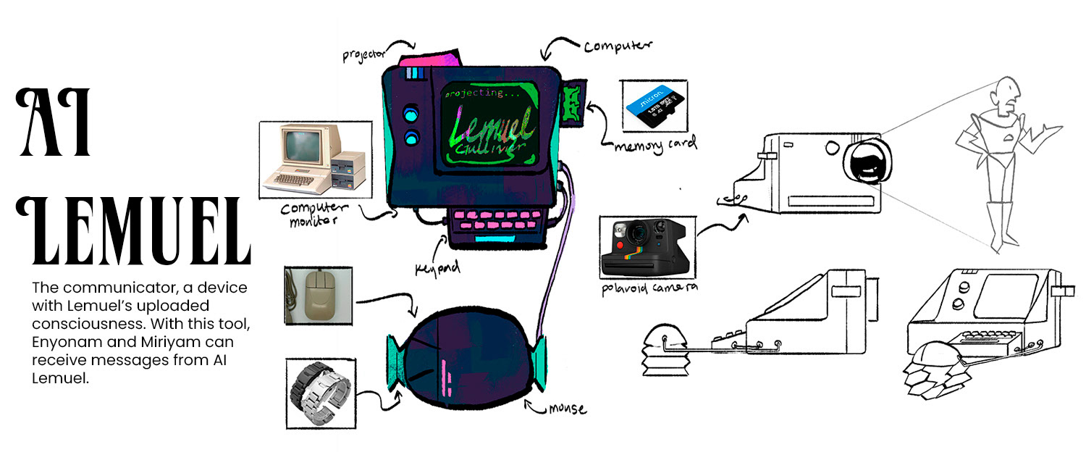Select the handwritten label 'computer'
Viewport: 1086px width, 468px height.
pos(618,46)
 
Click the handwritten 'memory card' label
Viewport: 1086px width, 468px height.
pos(655,143)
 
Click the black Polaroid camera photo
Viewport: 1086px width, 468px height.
pos(647,247)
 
